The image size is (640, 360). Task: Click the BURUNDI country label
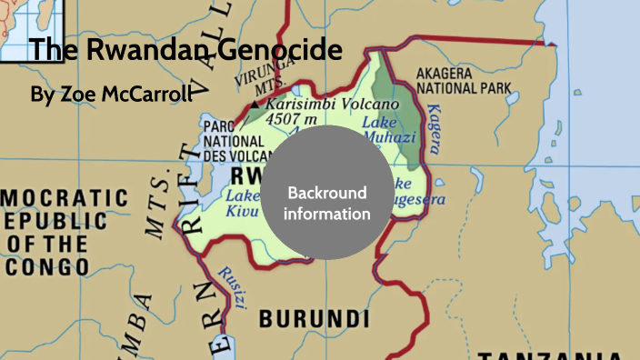pyautogui.click(x=315, y=318)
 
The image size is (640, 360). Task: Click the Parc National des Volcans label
pyautogui.click(x=235, y=141)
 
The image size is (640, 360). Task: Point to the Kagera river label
pyautogui.click(x=435, y=127)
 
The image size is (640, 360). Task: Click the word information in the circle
pyautogui.click(x=326, y=215)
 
